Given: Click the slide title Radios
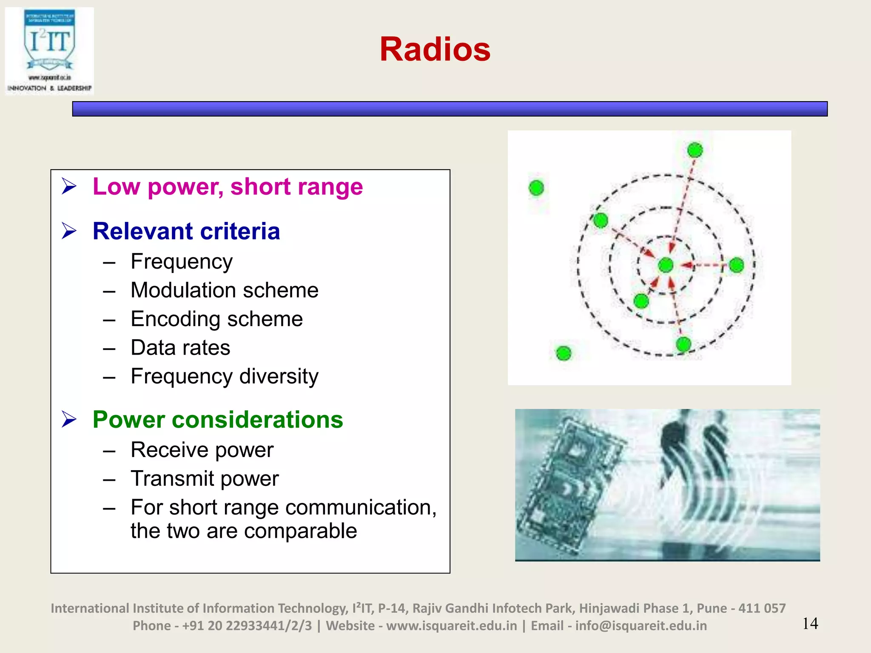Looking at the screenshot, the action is [435, 49].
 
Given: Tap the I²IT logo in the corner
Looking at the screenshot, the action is [49, 51].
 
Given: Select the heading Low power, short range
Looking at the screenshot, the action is [228, 187].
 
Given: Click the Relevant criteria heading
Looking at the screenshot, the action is [186, 231].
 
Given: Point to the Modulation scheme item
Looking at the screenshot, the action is [224, 290].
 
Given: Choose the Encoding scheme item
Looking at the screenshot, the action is [216, 319].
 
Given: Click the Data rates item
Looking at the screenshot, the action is [180, 348].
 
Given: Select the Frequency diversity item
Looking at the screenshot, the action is [224, 377].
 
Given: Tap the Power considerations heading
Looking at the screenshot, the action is [218, 420].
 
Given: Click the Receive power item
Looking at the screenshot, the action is [202, 450].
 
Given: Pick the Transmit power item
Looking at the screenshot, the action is [205, 479].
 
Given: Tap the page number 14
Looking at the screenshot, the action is [810, 624].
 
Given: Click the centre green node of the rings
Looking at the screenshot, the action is [666, 265].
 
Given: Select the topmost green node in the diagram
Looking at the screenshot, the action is [695, 150].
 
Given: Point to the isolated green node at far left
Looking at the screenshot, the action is [536, 187].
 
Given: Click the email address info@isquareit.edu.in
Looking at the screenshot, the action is [641, 626].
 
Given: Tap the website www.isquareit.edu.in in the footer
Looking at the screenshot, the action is [452, 626].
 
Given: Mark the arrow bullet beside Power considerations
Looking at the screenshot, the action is [69, 420].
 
